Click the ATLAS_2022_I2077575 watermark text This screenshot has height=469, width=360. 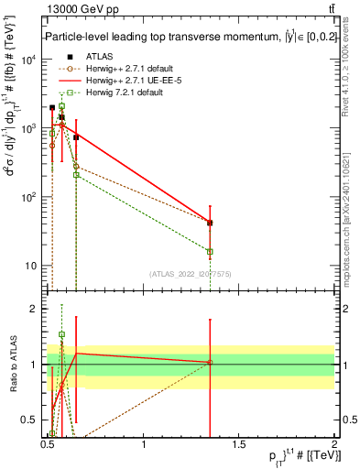tap(191, 274)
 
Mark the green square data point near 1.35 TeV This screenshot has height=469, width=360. tap(211, 251)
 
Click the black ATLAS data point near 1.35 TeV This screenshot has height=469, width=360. tap(211, 223)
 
